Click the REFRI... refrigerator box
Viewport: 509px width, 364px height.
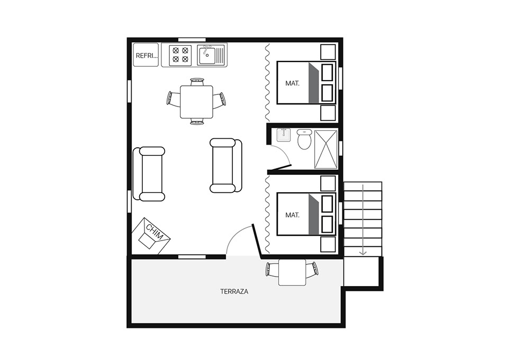point(146,55)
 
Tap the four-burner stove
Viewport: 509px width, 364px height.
point(180,55)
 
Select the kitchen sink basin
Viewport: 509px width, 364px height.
point(207,55)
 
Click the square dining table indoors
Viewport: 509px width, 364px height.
point(196,102)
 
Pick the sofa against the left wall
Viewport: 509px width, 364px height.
point(149,174)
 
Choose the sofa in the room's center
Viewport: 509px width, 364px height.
point(226,165)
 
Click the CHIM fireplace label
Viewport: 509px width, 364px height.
point(154,232)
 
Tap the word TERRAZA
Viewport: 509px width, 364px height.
point(234,291)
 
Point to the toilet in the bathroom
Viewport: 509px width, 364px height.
point(304,139)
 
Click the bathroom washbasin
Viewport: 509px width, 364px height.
point(284,135)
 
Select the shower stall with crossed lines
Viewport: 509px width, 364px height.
point(326,149)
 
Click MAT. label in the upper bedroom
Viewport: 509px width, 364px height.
point(292,83)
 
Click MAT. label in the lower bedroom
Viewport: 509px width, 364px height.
point(292,215)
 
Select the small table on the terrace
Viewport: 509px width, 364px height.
point(292,272)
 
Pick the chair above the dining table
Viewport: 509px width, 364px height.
point(197,82)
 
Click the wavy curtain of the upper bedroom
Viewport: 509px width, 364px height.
point(267,82)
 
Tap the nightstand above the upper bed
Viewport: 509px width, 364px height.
point(328,52)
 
